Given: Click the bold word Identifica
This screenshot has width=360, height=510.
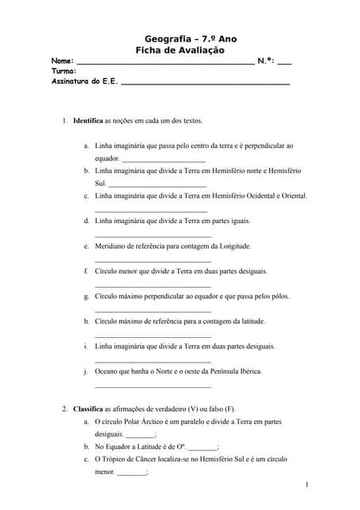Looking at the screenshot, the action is click(x=88, y=121).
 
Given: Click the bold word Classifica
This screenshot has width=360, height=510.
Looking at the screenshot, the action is click(x=88, y=409).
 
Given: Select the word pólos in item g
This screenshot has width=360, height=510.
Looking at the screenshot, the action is click(x=273, y=296).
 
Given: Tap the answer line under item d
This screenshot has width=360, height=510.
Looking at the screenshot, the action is click(x=152, y=237).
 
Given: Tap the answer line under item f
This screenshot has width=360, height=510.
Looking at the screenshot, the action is click(x=152, y=286).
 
